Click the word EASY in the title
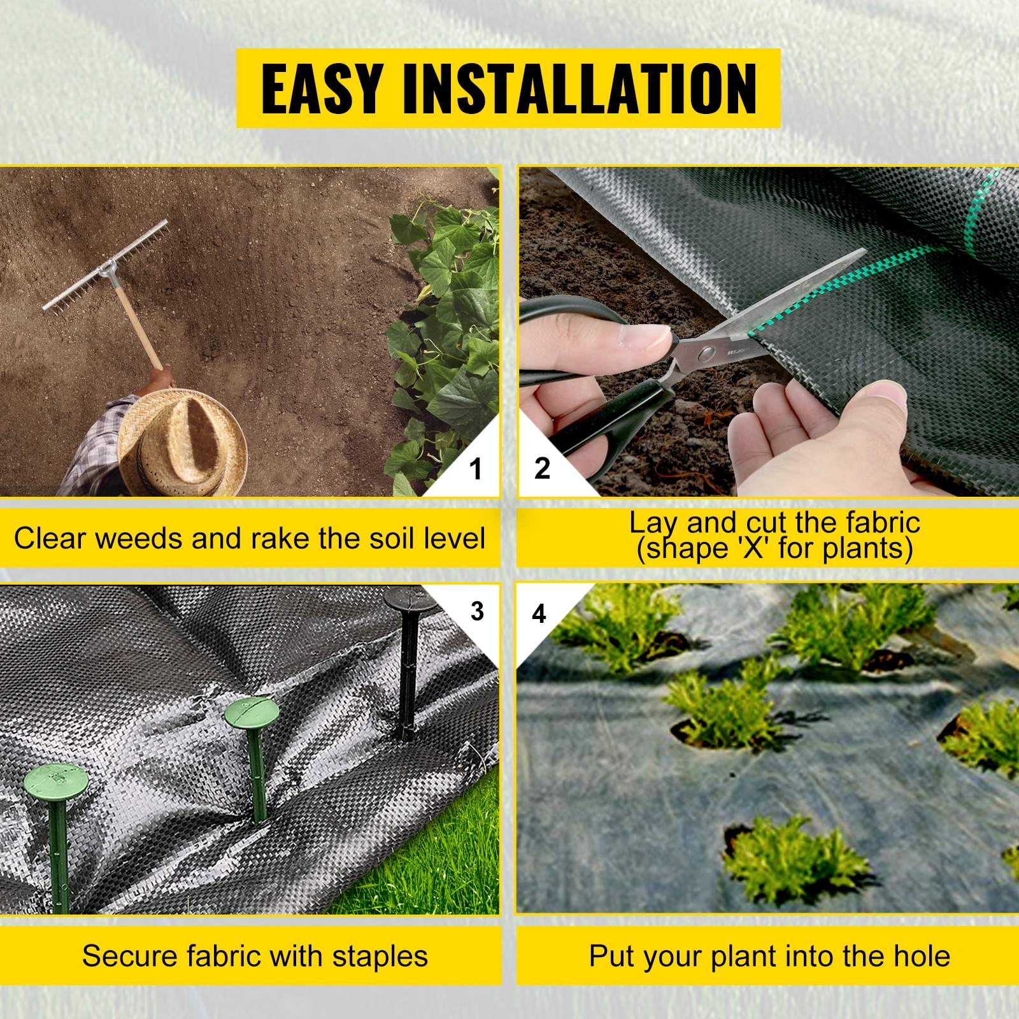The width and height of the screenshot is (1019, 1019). tap(322, 89)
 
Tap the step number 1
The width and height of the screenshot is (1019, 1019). tap(476, 469)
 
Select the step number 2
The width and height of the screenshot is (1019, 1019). tap(542, 468)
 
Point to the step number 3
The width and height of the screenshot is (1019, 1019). tap(478, 611)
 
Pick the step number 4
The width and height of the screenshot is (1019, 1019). tap(539, 613)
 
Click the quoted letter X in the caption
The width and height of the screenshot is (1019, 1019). tap(753, 548)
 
